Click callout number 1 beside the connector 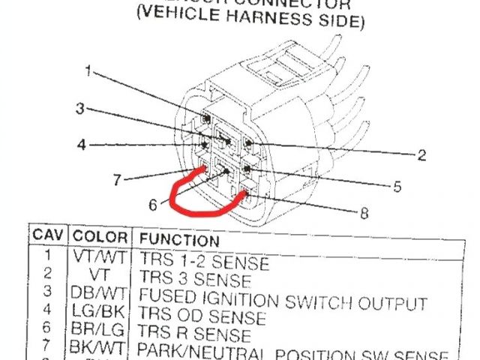(x=88, y=72)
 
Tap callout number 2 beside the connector (x=421, y=155)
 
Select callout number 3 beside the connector (x=79, y=109)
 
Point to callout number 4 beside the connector (x=81, y=144)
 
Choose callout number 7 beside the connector (x=116, y=180)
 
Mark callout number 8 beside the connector (x=364, y=214)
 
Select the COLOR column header (x=100, y=236)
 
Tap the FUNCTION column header (x=180, y=241)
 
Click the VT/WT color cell (x=94, y=256)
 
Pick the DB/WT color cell (x=93, y=292)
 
